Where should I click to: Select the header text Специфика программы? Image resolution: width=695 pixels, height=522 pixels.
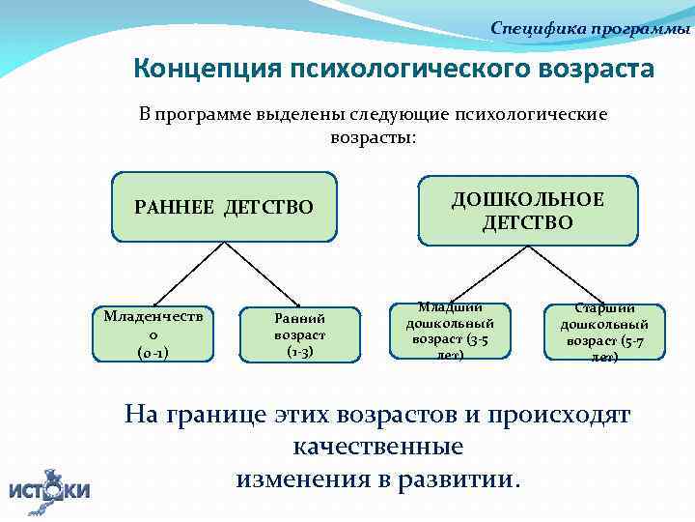pos(591,28)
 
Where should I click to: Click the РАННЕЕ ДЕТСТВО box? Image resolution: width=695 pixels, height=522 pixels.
pos(225,207)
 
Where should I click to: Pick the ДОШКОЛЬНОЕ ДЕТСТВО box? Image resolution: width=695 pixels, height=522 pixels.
pos(528,210)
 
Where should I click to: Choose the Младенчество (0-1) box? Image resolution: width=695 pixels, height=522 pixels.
pos(153,333)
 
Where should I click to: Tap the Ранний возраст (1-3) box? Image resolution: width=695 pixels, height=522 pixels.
pos(299,334)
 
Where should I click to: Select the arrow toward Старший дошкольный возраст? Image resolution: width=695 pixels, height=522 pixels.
pos(570,272)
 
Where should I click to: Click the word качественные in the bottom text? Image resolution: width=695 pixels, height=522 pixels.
pos(377,448)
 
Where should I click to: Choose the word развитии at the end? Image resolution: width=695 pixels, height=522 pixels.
pos(462,479)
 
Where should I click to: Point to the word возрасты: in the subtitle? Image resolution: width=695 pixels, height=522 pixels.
pos(374,137)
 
